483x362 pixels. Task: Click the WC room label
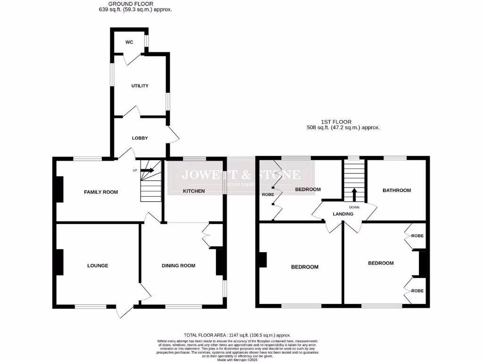tap(129, 42)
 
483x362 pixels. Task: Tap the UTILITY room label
tap(140, 86)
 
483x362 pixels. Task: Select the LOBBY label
tap(140, 138)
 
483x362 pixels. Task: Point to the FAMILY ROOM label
tap(101, 192)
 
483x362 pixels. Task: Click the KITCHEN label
tap(194, 191)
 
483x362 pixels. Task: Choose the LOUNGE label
tap(98, 265)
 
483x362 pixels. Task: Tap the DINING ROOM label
tap(178, 265)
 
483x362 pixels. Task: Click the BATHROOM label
tap(396, 190)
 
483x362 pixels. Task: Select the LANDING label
tap(343, 214)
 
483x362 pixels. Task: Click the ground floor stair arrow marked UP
tap(147, 170)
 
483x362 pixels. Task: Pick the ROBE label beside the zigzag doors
tap(268, 194)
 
